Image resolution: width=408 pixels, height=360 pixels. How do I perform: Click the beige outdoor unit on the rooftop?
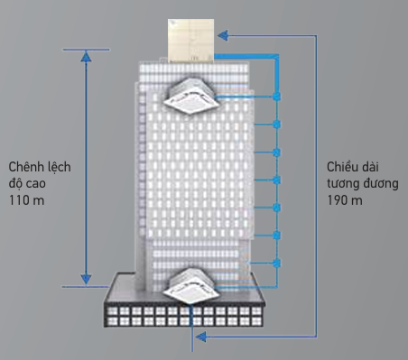tap(190, 41)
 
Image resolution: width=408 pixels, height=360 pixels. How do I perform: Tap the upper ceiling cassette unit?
tap(191, 96)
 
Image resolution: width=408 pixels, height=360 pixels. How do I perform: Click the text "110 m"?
tap(27, 200)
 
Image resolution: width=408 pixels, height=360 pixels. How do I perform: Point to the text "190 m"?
tap(345, 200)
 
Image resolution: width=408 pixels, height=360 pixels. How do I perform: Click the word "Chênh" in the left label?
tap(25, 167)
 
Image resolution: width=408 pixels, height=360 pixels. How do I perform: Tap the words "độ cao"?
tap(27, 183)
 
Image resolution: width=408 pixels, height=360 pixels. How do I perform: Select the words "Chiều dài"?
tap(353, 167)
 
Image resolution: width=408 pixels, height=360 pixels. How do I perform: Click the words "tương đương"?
tap(363, 183)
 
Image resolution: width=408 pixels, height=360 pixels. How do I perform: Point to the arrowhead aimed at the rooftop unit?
tap(223, 36)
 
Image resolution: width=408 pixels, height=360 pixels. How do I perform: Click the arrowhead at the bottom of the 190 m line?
tap(201, 337)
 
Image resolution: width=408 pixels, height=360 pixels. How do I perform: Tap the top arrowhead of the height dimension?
tap(86, 57)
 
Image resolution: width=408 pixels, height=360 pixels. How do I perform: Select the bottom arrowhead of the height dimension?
tap(86, 279)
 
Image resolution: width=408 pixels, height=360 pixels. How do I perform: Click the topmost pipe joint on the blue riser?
tap(277, 97)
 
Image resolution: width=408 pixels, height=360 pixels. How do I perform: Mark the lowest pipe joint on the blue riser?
tap(277, 263)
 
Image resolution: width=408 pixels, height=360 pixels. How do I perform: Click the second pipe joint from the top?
tap(277, 125)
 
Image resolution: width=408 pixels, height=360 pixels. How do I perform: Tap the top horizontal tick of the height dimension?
tap(86, 50)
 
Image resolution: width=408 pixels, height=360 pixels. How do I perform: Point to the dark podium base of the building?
tap(184, 300)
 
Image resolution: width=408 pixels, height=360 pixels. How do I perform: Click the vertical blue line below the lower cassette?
tap(192, 328)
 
